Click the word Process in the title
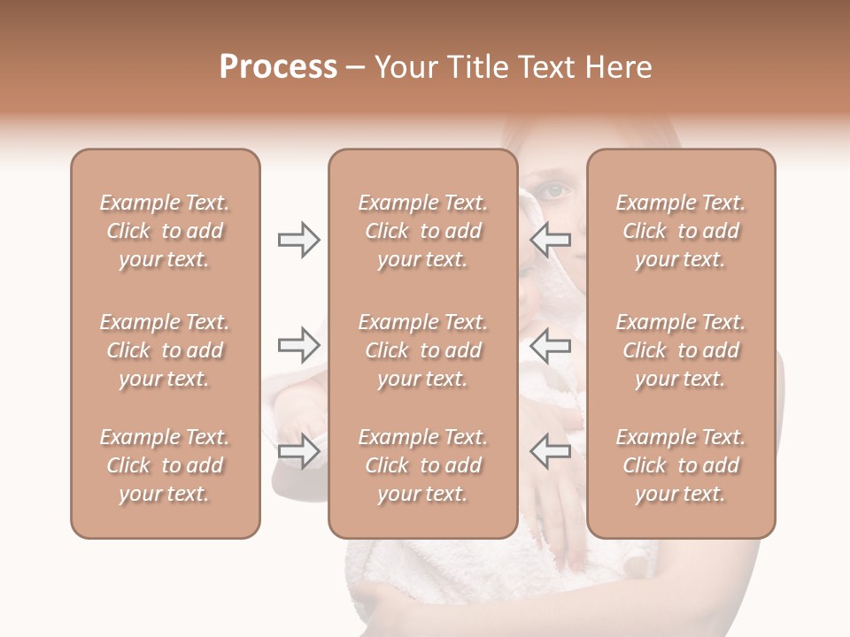[x=278, y=67]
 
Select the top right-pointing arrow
[x=298, y=240]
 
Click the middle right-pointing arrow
[x=298, y=345]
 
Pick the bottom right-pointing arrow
[x=298, y=451]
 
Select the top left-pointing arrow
[x=550, y=240]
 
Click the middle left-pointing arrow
[x=550, y=345]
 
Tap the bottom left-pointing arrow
[x=550, y=451]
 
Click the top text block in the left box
[x=165, y=231]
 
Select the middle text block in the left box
[x=165, y=350]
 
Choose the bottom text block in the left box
[x=165, y=465]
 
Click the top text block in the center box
[x=423, y=231]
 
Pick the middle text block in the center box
[x=423, y=350]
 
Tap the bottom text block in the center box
[x=423, y=465]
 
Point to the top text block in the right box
[x=681, y=231]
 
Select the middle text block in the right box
[x=681, y=350]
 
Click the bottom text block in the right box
[x=681, y=465]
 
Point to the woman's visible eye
[x=553, y=189]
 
